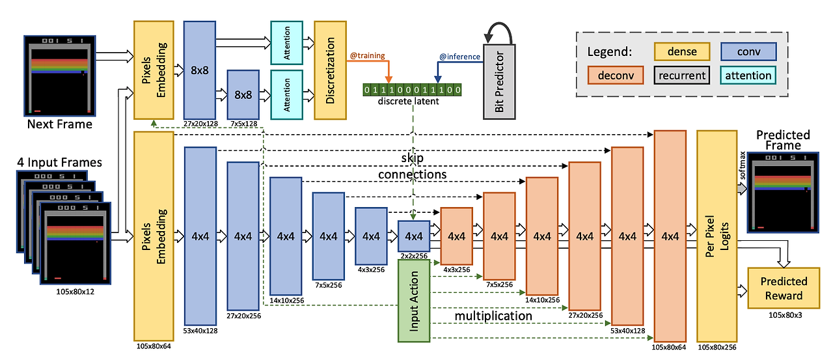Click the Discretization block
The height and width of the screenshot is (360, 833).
click(330, 70)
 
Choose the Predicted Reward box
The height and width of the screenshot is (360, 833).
click(784, 288)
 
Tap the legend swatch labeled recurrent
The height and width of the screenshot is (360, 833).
click(682, 75)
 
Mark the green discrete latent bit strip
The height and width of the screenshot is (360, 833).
click(413, 89)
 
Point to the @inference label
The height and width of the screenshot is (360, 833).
click(459, 57)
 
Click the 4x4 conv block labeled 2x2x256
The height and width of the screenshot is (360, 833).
click(414, 236)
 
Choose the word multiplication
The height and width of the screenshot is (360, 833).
click(493, 316)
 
